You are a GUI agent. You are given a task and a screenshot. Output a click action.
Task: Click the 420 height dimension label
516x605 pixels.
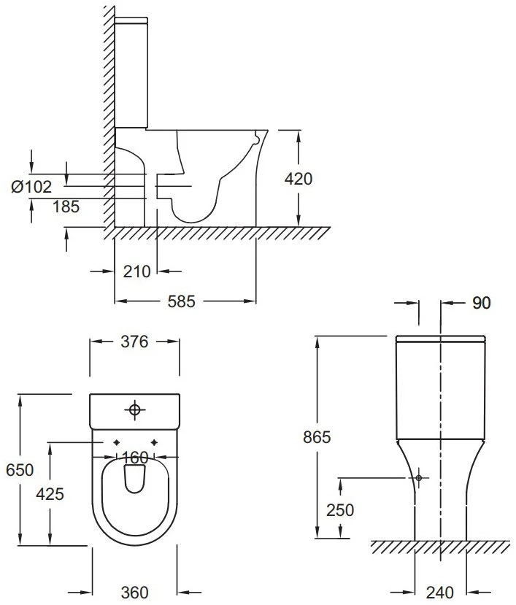tap(299, 179)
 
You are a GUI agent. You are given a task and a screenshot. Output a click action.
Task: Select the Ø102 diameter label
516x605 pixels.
tap(31, 187)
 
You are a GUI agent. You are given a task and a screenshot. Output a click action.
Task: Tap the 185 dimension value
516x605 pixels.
tap(66, 207)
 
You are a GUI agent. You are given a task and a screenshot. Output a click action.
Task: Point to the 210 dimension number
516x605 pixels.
tap(136, 271)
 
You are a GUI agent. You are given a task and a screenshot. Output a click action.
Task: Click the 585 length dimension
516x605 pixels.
tap(182, 301)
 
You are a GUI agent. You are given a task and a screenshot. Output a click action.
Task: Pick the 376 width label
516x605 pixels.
tap(134, 342)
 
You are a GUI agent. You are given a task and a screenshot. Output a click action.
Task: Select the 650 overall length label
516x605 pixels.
tap(20, 469)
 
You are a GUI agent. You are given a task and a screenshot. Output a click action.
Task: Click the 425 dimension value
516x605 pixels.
tap(50, 494)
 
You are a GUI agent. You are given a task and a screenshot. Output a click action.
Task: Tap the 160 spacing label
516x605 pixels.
tap(135, 458)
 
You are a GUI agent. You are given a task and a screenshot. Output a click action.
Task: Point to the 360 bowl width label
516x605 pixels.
tap(134, 593)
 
